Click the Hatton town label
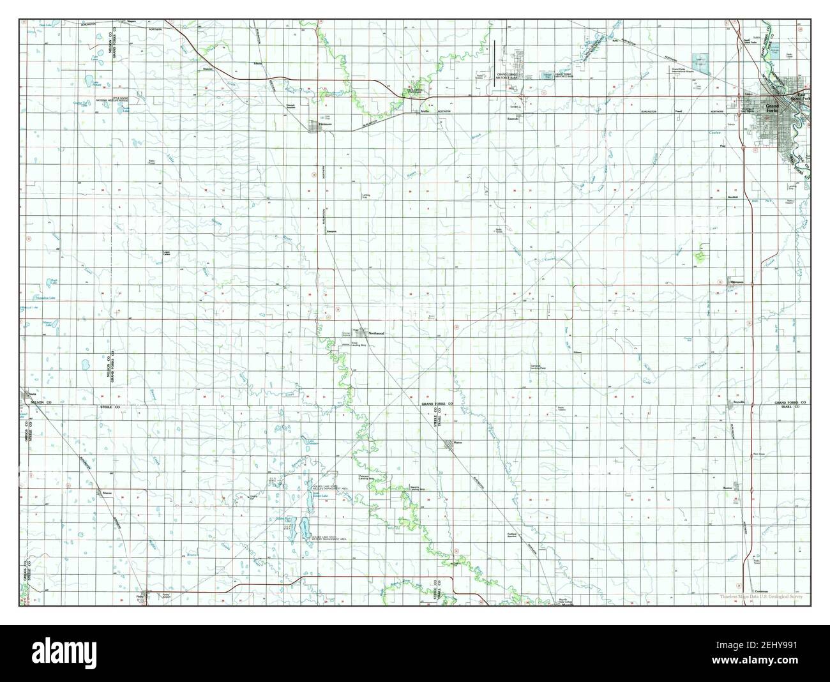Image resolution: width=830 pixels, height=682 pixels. [457, 442]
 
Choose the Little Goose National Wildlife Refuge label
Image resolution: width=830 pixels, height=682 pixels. [93, 100]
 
